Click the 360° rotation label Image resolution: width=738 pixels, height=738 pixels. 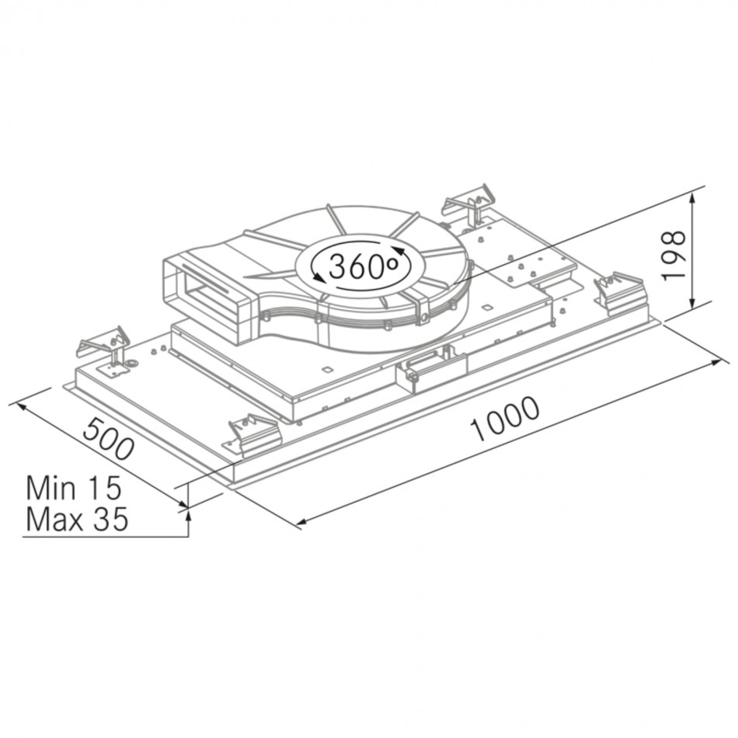point(363,266)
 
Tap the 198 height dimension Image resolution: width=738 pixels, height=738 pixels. point(673,256)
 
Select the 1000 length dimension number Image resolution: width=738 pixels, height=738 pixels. point(506,419)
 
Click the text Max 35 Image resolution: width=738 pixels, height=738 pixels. point(77,519)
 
